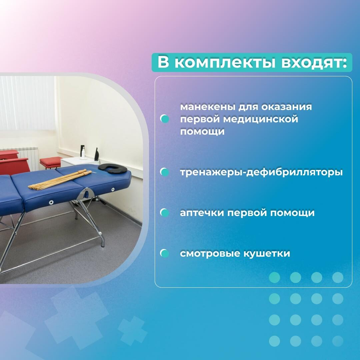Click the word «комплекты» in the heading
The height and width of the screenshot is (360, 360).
coord(225,62)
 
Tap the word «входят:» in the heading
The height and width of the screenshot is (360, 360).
coord(314,62)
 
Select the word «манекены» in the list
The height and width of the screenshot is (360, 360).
coord(208,107)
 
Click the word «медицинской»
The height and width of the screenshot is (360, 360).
coord(260,119)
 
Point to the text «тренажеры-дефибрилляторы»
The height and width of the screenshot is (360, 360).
coord(261,172)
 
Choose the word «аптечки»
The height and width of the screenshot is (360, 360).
coord(202,213)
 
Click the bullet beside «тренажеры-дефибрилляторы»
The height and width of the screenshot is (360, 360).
coord(165,172)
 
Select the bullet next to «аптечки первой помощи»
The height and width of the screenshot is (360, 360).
coord(165,213)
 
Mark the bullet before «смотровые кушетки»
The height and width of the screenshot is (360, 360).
coord(165,253)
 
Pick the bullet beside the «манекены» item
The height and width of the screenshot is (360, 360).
coord(165,119)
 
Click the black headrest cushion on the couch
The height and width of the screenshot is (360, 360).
coord(113,169)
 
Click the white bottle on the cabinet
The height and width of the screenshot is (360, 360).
coord(83,153)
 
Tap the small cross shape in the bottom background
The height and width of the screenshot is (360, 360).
coord(132,331)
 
